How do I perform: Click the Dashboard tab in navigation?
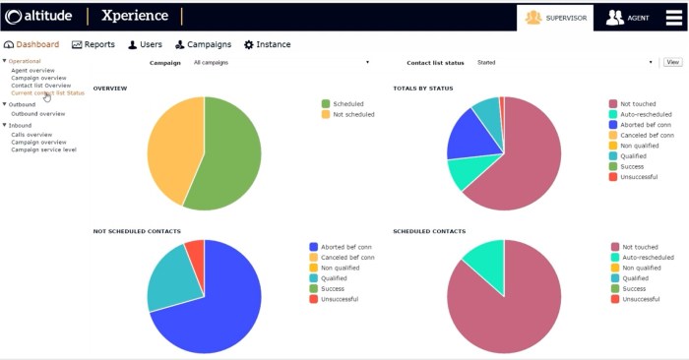tap(32, 44)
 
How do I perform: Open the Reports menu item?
tap(94, 44)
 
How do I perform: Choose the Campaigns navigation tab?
tap(203, 44)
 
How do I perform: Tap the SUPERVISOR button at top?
tap(555, 18)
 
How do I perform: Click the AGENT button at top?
tap(629, 18)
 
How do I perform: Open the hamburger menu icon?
tap(673, 18)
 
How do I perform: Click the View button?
tap(672, 62)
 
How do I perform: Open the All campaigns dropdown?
tap(281, 62)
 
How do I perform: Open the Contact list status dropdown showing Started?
tap(564, 62)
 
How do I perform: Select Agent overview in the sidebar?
tap(32, 71)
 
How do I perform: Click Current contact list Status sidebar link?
tap(47, 92)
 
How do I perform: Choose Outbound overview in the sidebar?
tap(37, 114)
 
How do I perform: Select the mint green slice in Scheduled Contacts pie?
tap(485, 259)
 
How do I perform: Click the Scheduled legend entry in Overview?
tap(347, 103)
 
